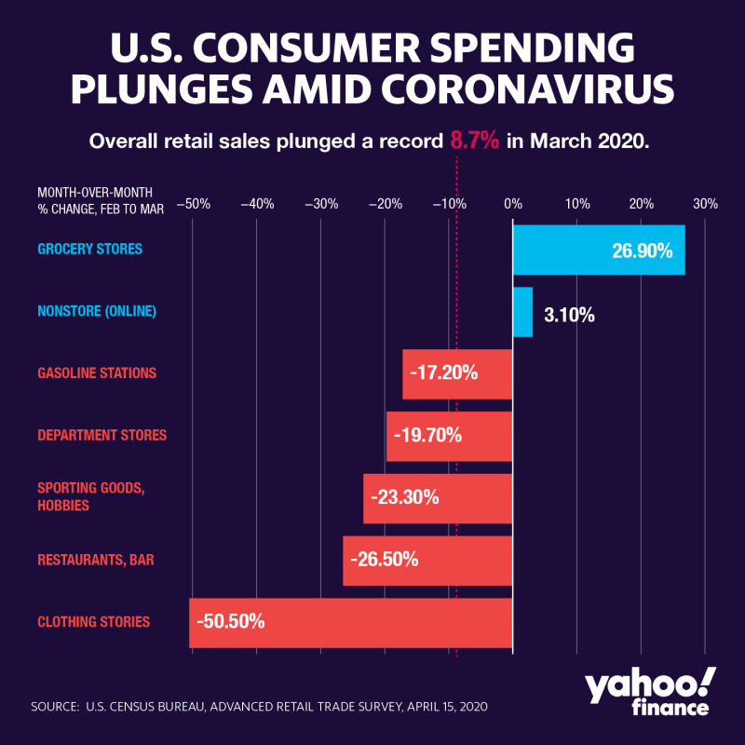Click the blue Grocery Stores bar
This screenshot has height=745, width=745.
point(599,250)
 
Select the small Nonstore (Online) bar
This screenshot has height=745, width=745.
point(522,312)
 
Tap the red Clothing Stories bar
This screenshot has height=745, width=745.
point(350,622)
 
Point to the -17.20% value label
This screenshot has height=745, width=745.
point(443,373)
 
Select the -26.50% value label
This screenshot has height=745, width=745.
point(385,560)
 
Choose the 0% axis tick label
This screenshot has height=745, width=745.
point(513,203)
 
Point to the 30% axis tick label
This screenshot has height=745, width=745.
point(705,203)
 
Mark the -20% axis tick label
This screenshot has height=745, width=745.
point(384,203)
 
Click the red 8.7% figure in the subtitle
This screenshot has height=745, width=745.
point(475,141)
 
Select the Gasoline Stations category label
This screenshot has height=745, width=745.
point(97,373)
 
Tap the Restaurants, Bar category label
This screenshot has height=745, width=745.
point(96,561)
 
